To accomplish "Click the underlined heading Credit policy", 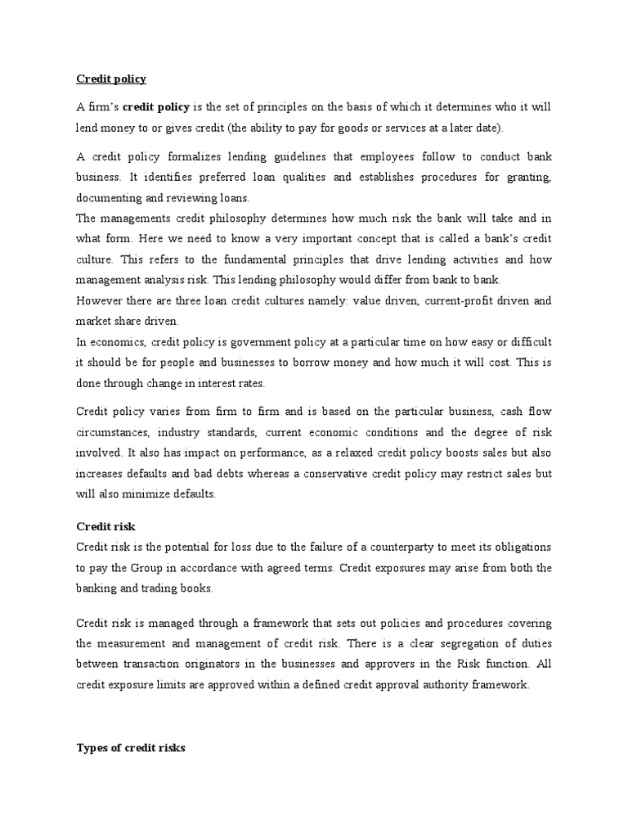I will (x=110, y=79).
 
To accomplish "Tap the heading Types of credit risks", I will (x=130, y=747).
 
